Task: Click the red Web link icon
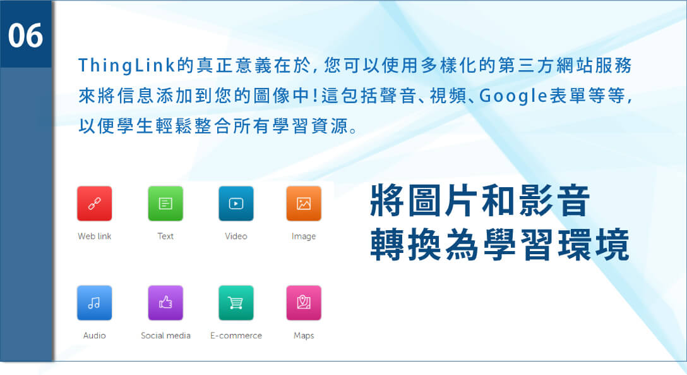pos(94,204)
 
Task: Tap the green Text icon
pos(165,204)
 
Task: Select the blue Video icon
pos(236,204)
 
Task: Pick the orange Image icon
pos(304,204)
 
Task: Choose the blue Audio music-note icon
pos(94,303)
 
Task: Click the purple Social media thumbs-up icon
pos(165,303)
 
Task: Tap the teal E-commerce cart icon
pos(236,303)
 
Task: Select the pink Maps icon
pos(304,303)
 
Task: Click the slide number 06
pos(25,35)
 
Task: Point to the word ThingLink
pos(127,65)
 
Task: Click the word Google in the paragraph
pos(513,96)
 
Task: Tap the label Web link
pos(94,236)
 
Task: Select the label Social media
pos(165,336)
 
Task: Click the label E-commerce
pos(236,336)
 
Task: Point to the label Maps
pos(304,336)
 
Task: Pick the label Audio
pos(94,336)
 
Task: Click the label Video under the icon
pos(236,236)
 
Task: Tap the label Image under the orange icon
pos(304,237)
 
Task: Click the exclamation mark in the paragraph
pos(315,95)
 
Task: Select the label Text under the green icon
pos(165,236)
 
